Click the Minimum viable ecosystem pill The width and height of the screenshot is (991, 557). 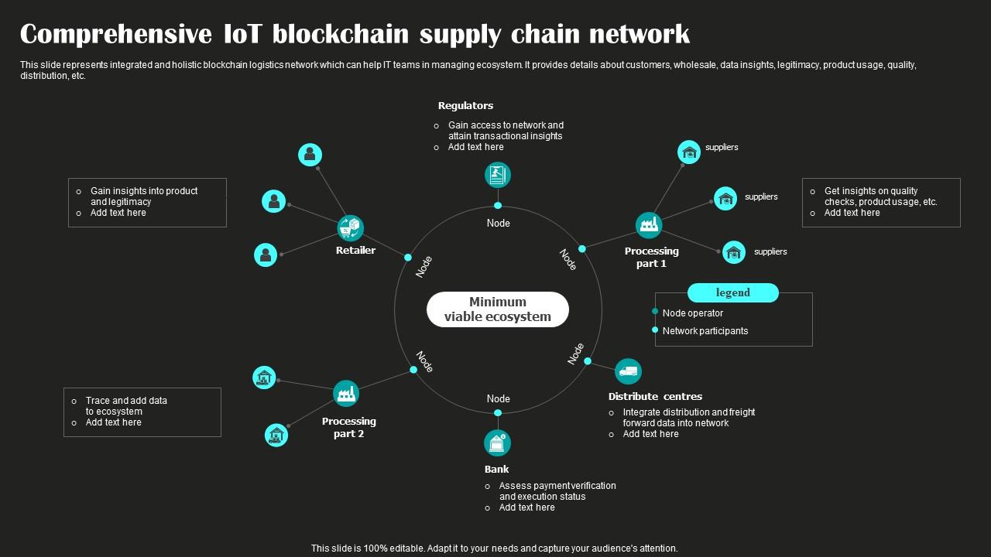click(498, 309)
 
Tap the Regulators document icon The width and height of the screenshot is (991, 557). click(498, 175)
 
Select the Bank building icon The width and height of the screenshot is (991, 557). click(497, 443)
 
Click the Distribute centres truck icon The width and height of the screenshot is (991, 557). click(628, 371)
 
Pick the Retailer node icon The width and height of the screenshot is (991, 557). click(351, 228)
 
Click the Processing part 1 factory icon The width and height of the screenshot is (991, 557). click(649, 225)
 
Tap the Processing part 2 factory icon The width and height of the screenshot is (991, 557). click(346, 393)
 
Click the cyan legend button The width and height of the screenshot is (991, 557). click(732, 292)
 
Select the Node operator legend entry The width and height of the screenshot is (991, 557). click(692, 313)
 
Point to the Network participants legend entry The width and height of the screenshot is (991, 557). click(705, 331)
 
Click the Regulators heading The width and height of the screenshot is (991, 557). click(465, 106)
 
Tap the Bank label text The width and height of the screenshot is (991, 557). click(497, 470)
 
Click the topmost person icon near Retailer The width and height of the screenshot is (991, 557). click(310, 155)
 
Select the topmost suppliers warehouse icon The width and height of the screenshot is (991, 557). click(688, 152)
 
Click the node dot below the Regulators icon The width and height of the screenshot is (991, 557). click(498, 206)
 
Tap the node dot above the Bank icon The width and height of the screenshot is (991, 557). click(498, 413)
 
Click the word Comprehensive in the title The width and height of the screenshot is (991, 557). click(116, 35)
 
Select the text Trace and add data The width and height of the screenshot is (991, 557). click(126, 401)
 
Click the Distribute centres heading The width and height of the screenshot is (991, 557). click(655, 397)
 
